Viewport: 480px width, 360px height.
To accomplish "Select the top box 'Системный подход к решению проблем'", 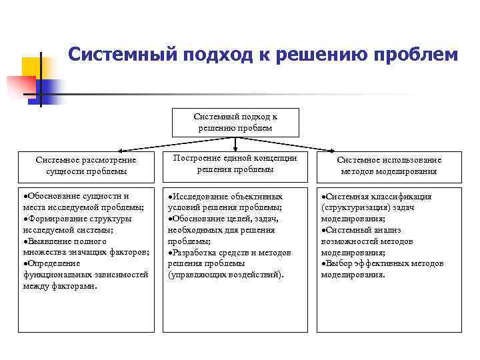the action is [x=235, y=122].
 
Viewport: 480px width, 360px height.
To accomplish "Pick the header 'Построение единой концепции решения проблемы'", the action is [x=235, y=163].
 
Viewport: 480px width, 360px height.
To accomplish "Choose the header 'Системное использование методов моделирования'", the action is [x=389, y=165].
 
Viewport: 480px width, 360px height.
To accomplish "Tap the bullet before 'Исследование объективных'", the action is [x=170, y=197].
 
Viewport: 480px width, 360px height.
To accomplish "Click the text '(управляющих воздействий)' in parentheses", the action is [x=225, y=275].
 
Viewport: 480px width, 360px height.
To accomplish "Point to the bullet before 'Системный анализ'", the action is [x=323, y=231].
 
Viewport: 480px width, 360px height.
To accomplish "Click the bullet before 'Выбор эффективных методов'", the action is [x=323, y=263].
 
